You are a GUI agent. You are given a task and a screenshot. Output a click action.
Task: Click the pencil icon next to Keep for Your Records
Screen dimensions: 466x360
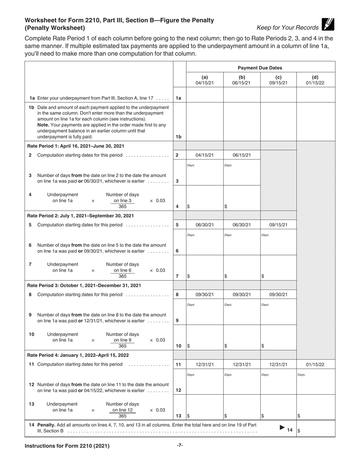[x=328, y=24]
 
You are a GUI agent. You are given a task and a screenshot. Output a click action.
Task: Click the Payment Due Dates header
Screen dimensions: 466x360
[x=260, y=68]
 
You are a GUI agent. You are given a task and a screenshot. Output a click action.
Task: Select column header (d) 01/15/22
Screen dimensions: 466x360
[x=315, y=80]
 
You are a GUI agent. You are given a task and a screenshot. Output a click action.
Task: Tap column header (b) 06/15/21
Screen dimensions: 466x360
[x=241, y=80]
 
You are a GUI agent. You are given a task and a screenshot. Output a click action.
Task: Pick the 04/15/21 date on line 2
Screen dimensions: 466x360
[x=205, y=155]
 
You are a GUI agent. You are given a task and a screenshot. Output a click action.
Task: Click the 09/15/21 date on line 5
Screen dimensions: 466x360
[x=278, y=225]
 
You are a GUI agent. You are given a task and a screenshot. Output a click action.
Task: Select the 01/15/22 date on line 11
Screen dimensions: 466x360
[x=315, y=364]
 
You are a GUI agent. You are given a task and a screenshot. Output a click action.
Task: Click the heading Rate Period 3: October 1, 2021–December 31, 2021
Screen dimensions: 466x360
[x=84, y=285]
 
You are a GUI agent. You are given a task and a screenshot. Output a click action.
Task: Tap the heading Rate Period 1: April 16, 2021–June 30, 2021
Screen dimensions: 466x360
[x=76, y=146]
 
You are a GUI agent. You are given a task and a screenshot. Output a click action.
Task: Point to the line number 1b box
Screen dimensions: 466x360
[x=178, y=137]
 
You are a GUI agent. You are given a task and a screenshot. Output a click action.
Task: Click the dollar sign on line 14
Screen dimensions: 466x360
[x=299, y=431]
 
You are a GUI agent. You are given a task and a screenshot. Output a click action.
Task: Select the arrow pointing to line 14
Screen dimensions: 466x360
[x=282, y=428]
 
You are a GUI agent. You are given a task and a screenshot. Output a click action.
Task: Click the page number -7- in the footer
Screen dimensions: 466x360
[x=180, y=445]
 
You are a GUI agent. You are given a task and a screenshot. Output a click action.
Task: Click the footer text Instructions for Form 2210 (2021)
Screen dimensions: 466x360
[x=67, y=446]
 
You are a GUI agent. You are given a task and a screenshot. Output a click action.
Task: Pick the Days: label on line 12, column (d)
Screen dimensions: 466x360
[x=301, y=375]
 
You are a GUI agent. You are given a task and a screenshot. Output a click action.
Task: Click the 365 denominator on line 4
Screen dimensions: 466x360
[x=122, y=206]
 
